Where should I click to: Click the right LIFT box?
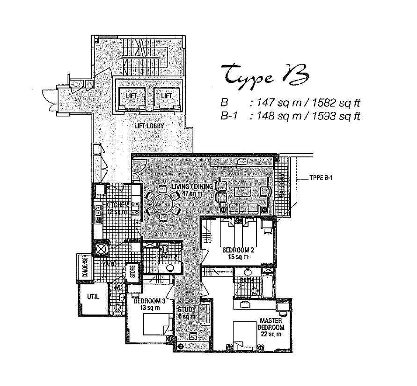[166, 96]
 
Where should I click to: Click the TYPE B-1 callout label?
[320, 178]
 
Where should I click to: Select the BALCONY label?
[282, 187]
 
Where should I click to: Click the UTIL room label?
[92, 297]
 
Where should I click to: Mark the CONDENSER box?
[86, 268]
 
